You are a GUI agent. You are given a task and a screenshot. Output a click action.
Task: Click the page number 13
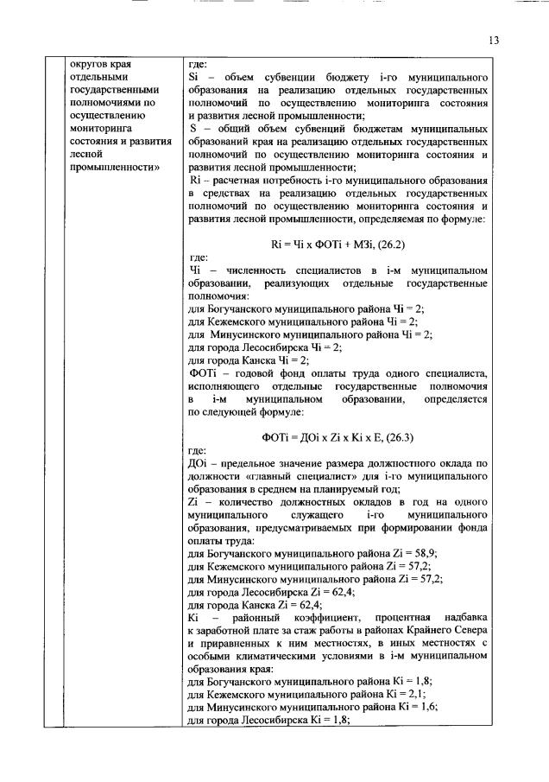(x=494, y=40)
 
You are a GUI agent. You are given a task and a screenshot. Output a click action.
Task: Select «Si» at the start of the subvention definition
(x=193, y=77)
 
